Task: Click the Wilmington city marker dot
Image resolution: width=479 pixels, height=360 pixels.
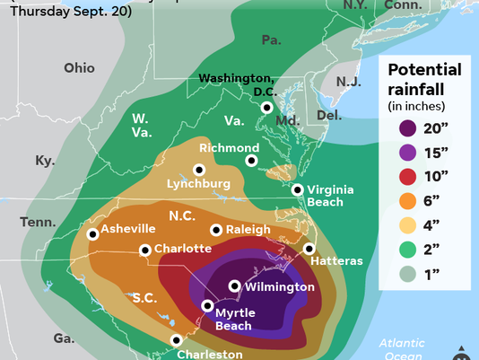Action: coord(235,286)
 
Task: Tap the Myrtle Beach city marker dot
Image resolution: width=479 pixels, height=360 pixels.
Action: coord(208,305)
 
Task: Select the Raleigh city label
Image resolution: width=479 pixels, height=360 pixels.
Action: coord(247,230)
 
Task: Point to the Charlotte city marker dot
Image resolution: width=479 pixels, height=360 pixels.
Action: coord(145,250)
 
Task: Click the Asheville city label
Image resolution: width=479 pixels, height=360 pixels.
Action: coord(128,229)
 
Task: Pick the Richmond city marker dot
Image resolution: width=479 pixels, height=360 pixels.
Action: coord(252,161)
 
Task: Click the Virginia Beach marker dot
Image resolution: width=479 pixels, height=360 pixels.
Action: coord(298,189)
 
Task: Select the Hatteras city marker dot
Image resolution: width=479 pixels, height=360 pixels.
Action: coord(309,249)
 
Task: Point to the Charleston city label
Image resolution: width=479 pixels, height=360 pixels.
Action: coord(210,354)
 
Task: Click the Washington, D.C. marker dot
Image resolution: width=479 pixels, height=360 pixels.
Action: coord(266,108)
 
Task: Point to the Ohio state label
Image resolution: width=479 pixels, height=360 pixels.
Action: coord(79,68)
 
